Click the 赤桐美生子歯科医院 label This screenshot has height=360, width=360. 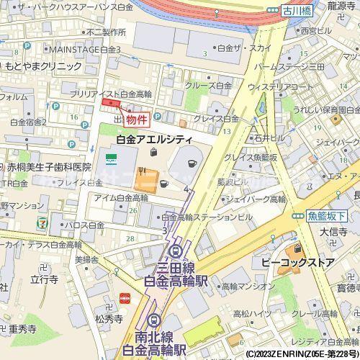coord(50,166)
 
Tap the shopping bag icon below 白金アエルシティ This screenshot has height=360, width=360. coord(154,152)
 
